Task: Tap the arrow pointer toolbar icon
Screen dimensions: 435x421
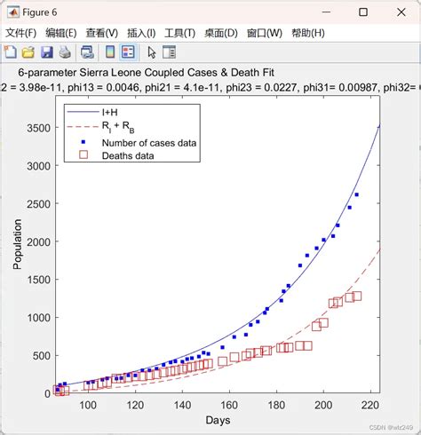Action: coord(151,52)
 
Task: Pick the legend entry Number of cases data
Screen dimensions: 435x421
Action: coord(149,142)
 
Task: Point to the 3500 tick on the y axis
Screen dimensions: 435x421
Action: coord(41,129)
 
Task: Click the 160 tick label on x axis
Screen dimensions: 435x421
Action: coord(229,406)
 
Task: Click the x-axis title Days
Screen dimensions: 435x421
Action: coord(218,419)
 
